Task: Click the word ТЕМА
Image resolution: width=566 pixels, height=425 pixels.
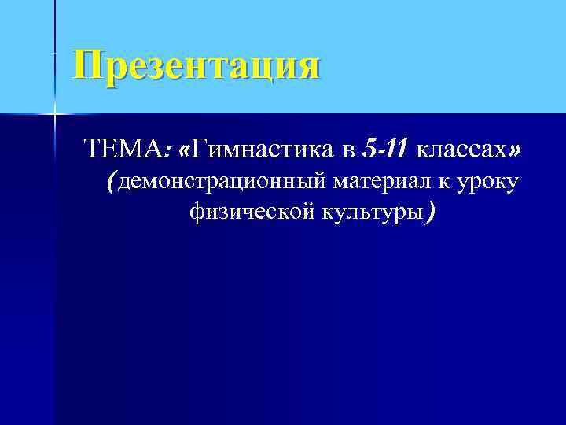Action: tap(120, 147)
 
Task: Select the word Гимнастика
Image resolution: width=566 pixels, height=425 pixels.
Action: tap(263, 147)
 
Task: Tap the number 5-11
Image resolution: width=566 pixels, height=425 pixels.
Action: tap(386, 147)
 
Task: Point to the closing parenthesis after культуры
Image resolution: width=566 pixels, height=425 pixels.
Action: tap(428, 211)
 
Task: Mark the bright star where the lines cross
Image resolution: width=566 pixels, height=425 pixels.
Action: tap(55, 115)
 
